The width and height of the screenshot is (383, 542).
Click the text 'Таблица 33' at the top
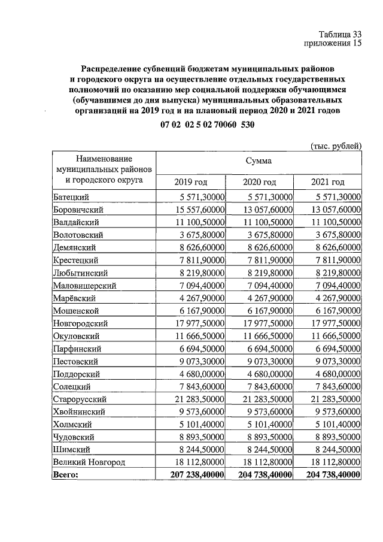tap(340, 34)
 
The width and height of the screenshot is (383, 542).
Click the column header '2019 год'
tap(190, 182)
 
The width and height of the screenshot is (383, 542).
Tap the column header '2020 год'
tap(259, 182)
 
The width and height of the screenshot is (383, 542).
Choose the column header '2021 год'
tap(328, 182)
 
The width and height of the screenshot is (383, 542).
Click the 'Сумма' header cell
tap(259, 161)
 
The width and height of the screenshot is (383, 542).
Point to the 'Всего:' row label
tap(66, 474)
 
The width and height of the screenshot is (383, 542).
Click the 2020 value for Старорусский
tap(260, 399)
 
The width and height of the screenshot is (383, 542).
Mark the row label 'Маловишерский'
tap(84, 286)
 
